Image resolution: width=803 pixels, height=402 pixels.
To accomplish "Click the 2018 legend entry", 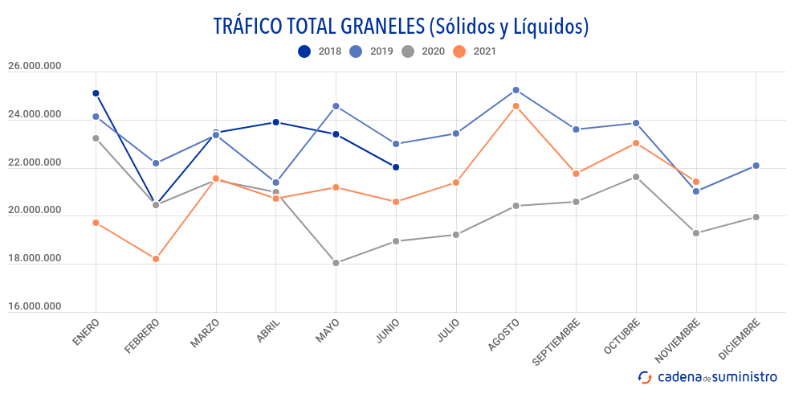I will pos(320,51).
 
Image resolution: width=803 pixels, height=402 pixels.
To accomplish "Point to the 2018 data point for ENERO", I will pos(96,93).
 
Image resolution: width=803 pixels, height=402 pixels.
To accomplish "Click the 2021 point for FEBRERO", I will pos(156,259).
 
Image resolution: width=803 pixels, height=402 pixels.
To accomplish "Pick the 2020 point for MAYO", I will pos(336,263).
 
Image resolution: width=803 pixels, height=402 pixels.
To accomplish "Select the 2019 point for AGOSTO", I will pos(516,90).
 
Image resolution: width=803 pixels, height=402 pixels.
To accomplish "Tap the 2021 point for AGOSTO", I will pos(516,106).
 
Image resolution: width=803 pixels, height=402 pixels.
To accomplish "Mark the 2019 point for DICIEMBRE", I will pos(756,166).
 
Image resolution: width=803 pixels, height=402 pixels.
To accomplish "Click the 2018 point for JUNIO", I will pos(396,167).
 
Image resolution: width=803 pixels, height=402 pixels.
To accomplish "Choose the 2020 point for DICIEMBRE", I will pos(756,217).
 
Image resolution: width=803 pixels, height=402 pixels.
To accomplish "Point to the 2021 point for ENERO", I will pos(96,223).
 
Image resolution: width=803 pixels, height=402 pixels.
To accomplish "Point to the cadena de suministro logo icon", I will pos(645,377).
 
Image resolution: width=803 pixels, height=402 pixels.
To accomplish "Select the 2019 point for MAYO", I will pos(336,106).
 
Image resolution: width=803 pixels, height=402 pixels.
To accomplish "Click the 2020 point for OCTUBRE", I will pos(636,177).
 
